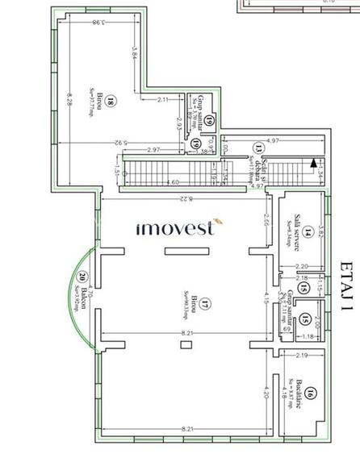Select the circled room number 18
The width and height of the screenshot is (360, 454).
110,101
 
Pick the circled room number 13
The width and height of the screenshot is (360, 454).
258,148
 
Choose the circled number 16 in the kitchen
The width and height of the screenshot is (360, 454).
311,394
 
